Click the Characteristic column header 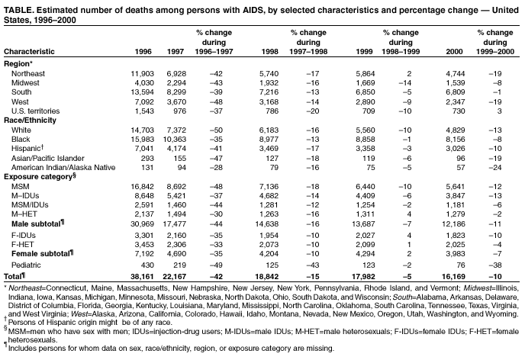coord(28,51)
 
